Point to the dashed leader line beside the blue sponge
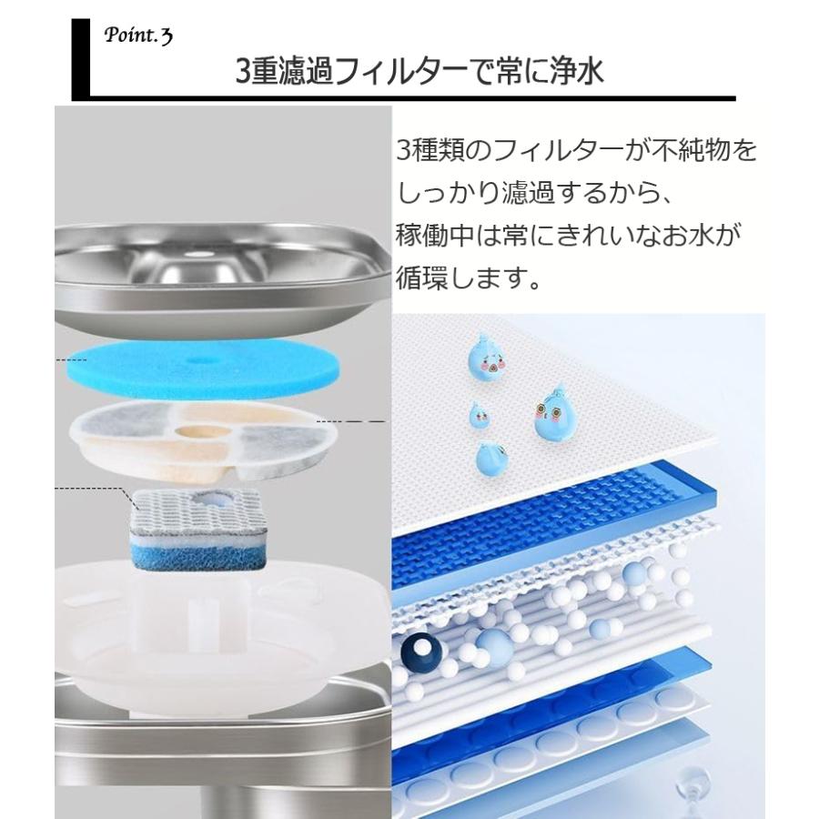(x=72, y=359)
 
